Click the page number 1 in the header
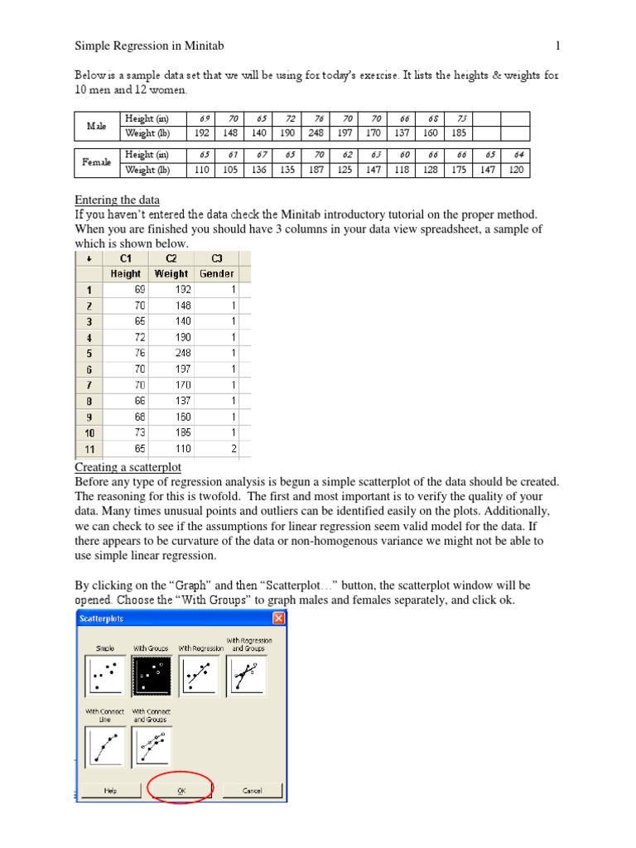pos(558,46)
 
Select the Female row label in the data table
pos(97,162)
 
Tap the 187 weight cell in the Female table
pos(316,170)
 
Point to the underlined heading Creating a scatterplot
pos(128,467)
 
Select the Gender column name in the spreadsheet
pos(216,273)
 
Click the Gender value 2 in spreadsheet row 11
pos(234,448)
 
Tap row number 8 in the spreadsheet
pos(89,401)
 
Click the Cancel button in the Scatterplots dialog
pos(252,791)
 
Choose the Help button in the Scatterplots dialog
pos(110,791)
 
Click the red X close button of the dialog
pos(278,619)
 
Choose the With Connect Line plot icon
pos(104,746)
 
